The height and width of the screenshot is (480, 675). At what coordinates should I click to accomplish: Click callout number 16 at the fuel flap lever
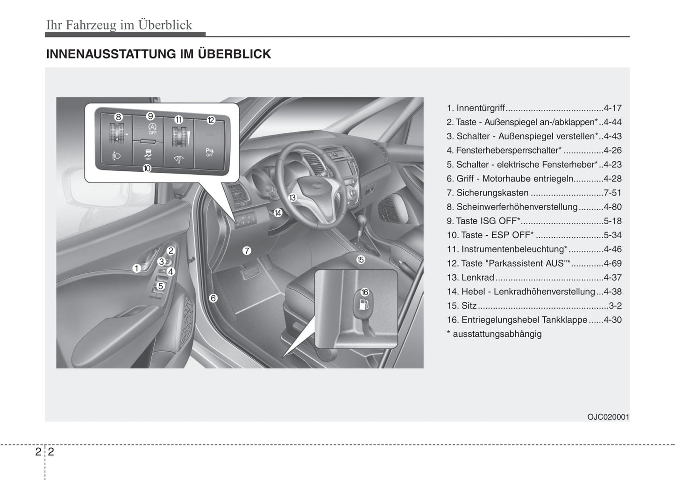point(365,292)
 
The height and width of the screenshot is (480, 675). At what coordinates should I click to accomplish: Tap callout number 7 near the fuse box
point(247,251)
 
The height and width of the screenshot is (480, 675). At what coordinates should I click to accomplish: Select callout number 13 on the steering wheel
point(292,197)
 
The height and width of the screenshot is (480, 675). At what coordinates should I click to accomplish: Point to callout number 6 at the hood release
point(213,298)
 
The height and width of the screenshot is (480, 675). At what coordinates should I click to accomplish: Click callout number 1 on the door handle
point(136,268)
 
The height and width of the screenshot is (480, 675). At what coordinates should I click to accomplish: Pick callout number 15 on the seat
point(361,260)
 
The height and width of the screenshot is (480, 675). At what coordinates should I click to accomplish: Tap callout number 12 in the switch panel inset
point(211,120)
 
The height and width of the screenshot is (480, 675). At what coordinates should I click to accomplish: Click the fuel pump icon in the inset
point(364,305)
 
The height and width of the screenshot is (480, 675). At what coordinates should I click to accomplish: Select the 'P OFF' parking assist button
point(209,152)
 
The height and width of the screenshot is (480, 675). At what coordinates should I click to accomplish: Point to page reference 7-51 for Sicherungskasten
point(612,193)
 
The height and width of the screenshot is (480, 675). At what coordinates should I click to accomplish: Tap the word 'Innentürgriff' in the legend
point(481,108)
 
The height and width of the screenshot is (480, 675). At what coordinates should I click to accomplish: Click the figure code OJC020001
point(608,417)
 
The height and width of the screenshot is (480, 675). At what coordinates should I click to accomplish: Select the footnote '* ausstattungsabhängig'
point(494,334)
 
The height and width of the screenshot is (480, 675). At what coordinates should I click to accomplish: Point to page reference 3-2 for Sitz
point(615,306)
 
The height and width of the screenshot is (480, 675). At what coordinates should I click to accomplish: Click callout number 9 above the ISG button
point(150,116)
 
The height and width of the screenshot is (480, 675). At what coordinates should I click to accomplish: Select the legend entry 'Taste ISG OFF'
point(488,221)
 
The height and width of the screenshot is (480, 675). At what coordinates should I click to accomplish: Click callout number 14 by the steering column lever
point(278,213)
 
